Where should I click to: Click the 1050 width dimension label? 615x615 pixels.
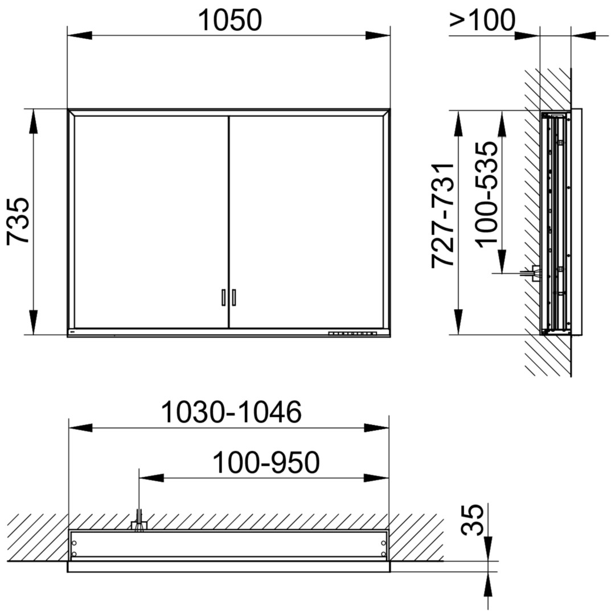tap(230, 20)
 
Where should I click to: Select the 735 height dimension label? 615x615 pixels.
tap(18, 221)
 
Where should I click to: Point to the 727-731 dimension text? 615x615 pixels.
tap(442, 215)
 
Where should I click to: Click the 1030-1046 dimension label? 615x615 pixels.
tap(231, 412)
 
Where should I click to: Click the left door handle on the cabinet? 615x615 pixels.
tap(223, 297)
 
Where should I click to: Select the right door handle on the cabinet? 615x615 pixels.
tap(234, 297)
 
